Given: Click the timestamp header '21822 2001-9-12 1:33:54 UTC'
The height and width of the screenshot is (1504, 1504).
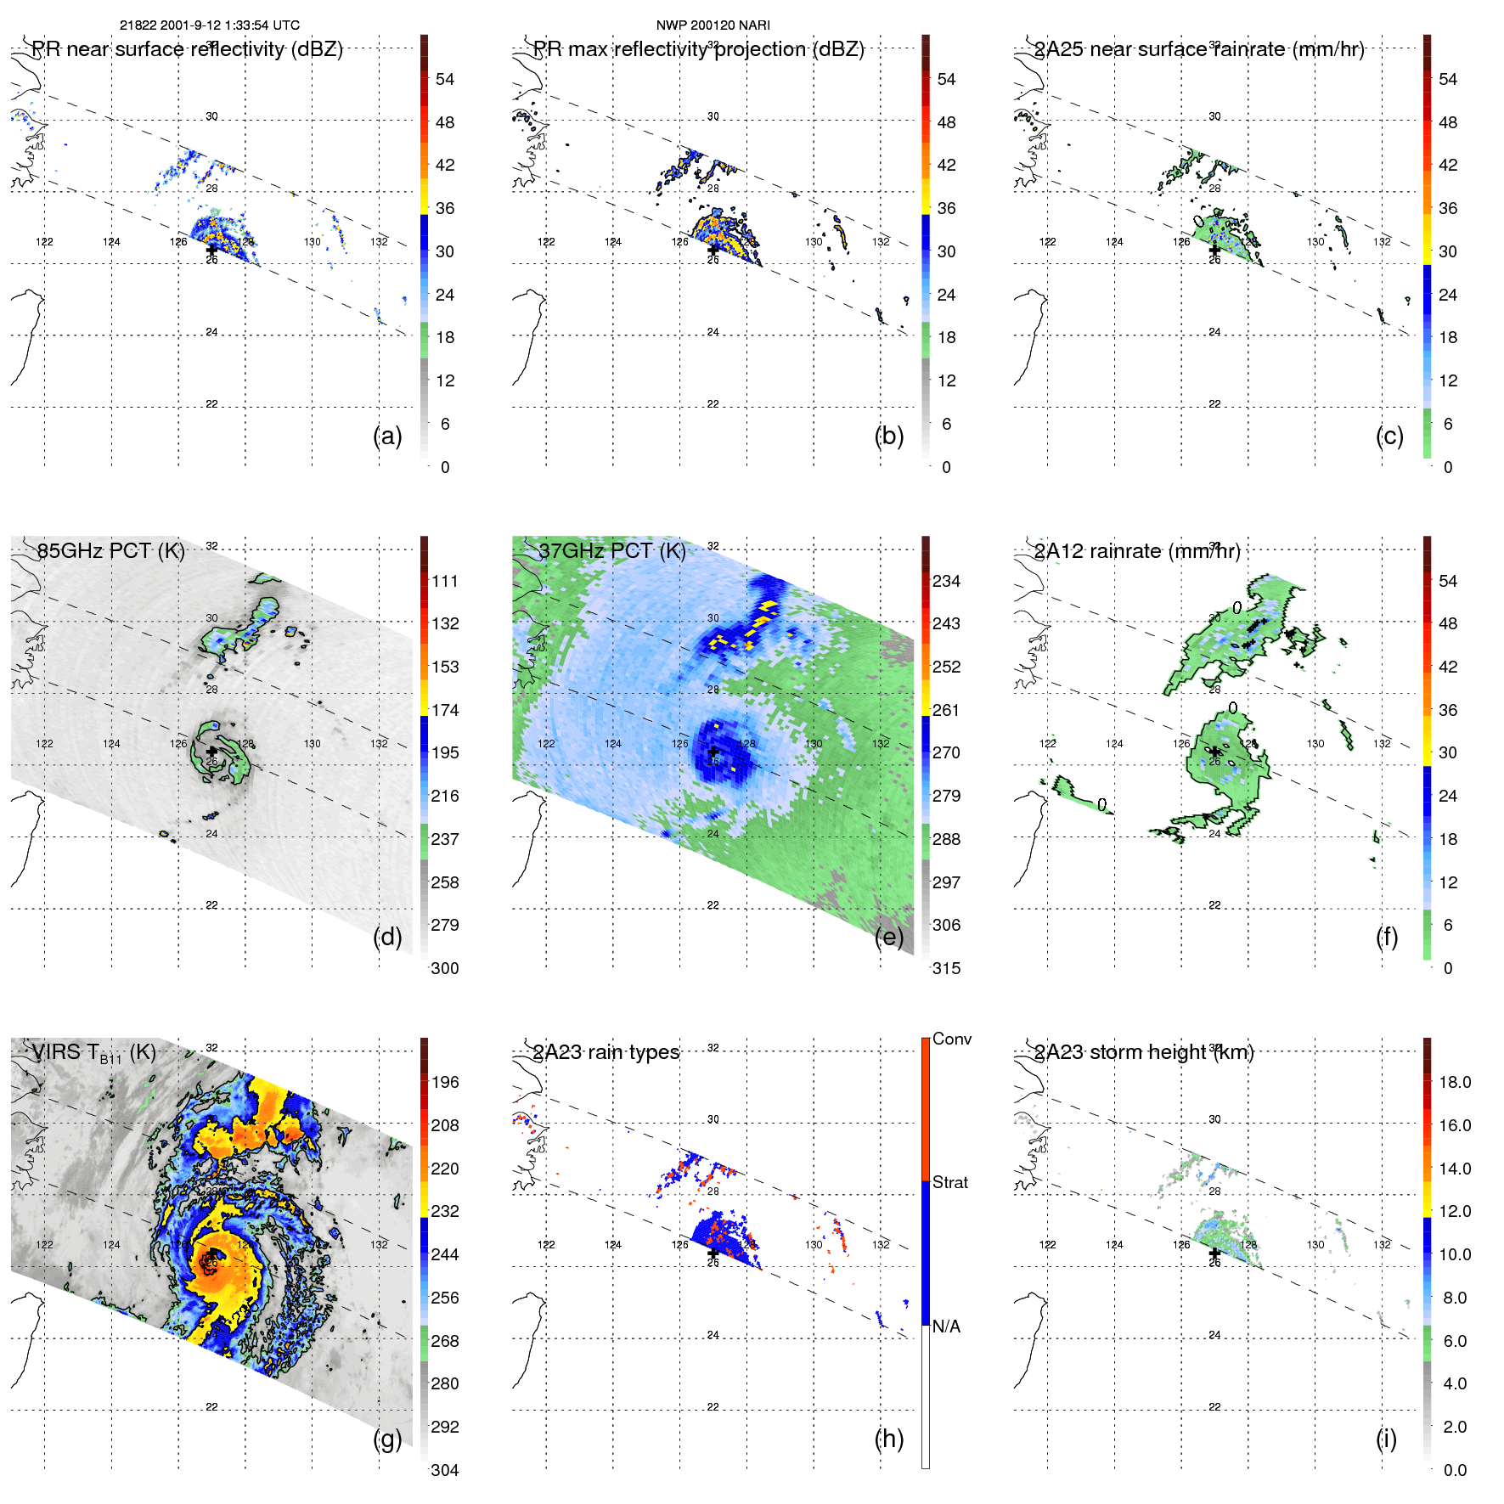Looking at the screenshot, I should coord(209,25).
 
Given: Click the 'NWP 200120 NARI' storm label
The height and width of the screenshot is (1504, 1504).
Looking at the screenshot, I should coord(713,25).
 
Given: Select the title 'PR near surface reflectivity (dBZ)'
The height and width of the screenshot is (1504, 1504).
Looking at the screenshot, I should coord(187,49).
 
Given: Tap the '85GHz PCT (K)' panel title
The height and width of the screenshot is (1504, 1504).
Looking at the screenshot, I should coord(110,550).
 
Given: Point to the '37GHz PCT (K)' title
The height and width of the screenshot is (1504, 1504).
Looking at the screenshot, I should coord(611,550).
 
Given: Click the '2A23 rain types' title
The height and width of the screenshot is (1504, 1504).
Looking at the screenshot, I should coord(606,1052).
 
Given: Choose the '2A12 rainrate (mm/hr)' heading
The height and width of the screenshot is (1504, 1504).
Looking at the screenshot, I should coord(1136,550).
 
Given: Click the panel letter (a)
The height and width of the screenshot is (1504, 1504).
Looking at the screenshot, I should coord(387,436).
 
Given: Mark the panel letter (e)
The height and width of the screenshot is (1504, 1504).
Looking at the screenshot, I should coord(888,937).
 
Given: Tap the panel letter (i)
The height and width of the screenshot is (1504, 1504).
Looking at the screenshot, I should coord(1386,1439).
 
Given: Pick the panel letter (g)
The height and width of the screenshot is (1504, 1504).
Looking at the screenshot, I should coord(387,1439).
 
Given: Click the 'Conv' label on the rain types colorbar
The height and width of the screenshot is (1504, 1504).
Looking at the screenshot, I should coord(952,1039).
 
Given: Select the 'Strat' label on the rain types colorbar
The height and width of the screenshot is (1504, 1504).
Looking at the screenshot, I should coord(950,1182).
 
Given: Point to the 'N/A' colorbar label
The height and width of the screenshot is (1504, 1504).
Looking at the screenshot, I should coord(946,1327).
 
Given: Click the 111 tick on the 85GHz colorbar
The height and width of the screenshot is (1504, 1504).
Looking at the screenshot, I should coord(445,581).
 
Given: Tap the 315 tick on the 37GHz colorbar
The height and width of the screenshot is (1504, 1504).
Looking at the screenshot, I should coord(946,968).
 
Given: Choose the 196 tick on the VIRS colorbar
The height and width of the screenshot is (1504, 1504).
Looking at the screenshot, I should coord(445,1082).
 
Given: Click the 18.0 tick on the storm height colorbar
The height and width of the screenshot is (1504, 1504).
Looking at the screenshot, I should coord(1455,1082).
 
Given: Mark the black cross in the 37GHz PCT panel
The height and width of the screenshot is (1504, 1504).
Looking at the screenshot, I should coord(713,752).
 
